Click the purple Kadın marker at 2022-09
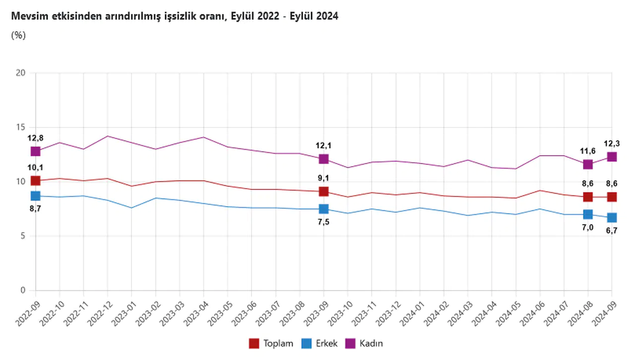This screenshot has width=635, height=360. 35,151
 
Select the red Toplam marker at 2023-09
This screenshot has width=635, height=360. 323,191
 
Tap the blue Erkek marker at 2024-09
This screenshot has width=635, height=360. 612,218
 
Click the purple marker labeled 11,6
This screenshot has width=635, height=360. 588,164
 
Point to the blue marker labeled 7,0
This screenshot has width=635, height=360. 588,214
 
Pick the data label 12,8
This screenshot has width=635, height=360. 35,138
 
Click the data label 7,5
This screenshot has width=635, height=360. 323,222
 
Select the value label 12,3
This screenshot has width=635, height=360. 612,143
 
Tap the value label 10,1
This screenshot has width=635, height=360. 35,168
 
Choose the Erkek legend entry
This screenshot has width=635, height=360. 319,343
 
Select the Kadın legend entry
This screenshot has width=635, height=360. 364,343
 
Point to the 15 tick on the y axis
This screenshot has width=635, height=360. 20,127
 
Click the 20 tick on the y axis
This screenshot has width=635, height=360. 20,73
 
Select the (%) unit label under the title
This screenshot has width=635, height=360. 18,35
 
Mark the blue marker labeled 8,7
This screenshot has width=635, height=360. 35,196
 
